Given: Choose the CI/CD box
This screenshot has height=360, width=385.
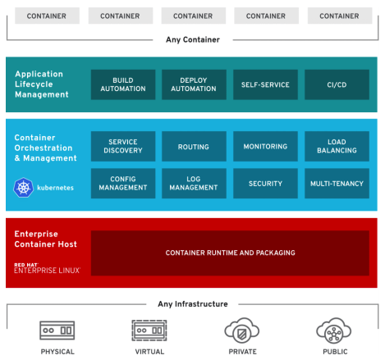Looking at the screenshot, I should [x=337, y=85].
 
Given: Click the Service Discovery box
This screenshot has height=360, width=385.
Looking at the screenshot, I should [x=122, y=147].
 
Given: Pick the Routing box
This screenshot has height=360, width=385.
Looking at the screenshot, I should [x=194, y=147].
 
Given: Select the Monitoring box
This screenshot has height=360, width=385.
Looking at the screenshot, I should [x=265, y=147].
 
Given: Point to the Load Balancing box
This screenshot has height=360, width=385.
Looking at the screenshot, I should [x=337, y=147].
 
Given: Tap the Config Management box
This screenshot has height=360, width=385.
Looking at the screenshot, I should [x=122, y=184].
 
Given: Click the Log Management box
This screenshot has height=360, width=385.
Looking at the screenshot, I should [x=194, y=184].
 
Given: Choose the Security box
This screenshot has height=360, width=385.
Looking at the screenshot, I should [x=265, y=184].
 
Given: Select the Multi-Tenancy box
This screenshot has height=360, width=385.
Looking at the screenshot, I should [x=337, y=184].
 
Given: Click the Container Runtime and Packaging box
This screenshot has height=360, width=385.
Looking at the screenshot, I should [x=230, y=253].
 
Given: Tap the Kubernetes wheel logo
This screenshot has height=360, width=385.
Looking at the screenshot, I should [x=23, y=188].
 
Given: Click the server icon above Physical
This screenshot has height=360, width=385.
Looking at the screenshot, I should [x=57, y=330].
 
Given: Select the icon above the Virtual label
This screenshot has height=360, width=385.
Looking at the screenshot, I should [x=149, y=330].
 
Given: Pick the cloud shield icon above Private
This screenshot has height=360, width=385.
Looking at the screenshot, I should [x=242, y=330].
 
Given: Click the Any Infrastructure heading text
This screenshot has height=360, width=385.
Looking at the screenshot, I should [x=193, y=304].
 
